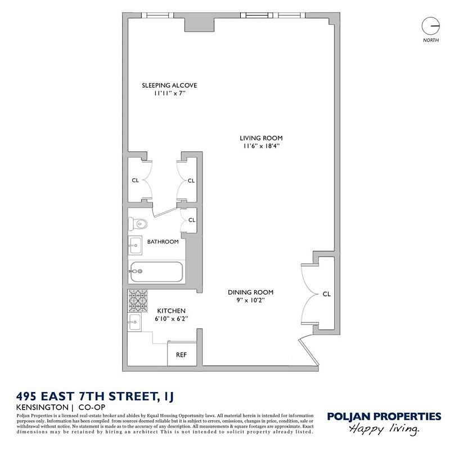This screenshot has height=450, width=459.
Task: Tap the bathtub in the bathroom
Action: click(156, 272)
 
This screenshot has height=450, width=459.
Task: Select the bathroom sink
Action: click(135, 245)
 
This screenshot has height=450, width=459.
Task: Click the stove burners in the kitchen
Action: click(138, 301)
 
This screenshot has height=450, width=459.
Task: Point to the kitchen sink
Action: click(134, 322)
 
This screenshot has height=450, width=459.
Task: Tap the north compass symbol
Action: click(431, 26)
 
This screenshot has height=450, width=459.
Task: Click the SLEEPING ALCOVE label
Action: click(169, 85)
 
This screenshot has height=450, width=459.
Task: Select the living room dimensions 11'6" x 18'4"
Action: click(261, 146)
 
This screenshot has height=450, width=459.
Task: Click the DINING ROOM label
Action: click(250, 292)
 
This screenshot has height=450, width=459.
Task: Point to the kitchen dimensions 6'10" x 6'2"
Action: click(171, 318)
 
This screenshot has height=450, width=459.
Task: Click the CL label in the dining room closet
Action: click(326, 294)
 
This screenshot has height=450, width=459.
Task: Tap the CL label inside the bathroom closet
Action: click(192, 220)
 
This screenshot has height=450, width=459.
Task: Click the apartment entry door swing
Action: click(309, 351)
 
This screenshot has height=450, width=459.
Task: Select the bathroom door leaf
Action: click(166, 212)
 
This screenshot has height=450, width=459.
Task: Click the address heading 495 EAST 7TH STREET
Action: click(95, 397)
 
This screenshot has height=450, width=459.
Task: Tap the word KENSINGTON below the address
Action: click(42, 407)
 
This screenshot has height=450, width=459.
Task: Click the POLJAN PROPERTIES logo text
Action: click(384, 416)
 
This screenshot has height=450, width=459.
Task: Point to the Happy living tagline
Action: click(384, 429)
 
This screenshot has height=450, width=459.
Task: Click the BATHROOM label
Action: click(163, 242)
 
